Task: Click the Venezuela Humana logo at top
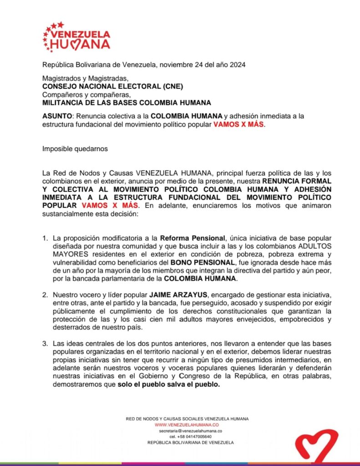point(76,37)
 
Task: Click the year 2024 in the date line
point(237,65)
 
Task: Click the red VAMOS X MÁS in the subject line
point(238,124)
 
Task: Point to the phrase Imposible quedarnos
point(75,148)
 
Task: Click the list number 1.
point(45,238)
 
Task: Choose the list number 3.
point(45,343)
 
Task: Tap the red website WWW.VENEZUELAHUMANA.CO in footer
point(187,425)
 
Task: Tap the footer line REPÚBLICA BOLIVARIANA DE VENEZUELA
point(190,442)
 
